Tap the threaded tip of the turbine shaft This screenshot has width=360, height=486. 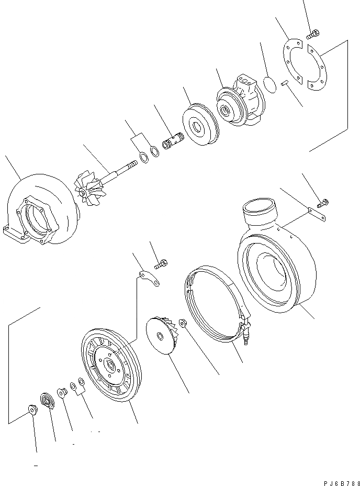[x=132, y=163]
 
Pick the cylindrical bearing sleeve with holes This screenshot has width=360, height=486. [x=173, y=141]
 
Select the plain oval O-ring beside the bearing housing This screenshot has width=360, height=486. [x=270, y=84]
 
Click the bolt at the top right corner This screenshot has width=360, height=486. [x=313, y=34]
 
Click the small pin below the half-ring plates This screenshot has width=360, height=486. [x=285, y=83]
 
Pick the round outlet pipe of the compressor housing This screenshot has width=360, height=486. [x=260, y=211]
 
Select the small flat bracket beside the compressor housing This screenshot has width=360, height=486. [x=317, y=215]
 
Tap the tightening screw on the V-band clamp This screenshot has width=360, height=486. [x=246, y=335]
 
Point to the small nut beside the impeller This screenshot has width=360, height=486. [x=184, y=323]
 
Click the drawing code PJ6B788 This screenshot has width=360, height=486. [x=342, y=483]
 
